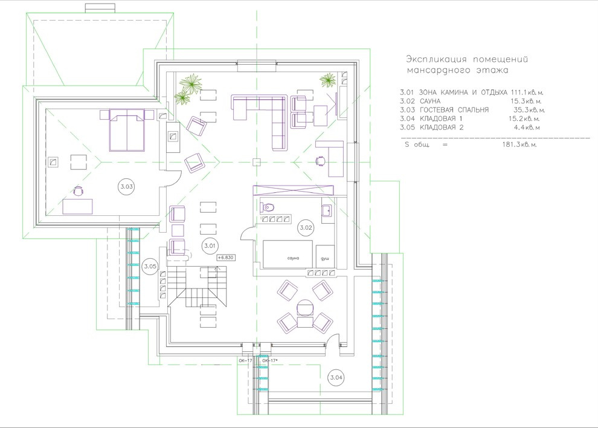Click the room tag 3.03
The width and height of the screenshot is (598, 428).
pos(127,187)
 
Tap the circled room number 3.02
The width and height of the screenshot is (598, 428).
pos(306,228)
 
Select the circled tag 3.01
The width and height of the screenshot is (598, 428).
pos(210,246)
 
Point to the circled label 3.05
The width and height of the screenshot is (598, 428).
pos(150,267)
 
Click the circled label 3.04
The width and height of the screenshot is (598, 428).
pos(336,378)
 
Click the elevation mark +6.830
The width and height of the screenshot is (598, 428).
pos(226,258)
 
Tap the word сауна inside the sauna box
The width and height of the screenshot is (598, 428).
pos(294,258)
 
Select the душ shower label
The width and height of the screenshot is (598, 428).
pos(324,259)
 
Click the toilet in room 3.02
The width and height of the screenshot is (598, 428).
pos(268,207)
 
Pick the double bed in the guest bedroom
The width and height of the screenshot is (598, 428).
pos(127,130)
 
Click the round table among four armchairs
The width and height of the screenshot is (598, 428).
pos(305,307)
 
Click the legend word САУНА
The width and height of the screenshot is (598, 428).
pos(430,101)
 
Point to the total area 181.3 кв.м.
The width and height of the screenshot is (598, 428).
pos(519,144)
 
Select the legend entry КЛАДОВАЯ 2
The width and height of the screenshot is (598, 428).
pos(442,128)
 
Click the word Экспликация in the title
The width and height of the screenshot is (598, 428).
pos(436,60)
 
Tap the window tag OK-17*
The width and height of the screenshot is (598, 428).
pos(269,360)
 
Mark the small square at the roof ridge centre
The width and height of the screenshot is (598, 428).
pos(257,162)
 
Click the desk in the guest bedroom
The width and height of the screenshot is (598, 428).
pos(78,207)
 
